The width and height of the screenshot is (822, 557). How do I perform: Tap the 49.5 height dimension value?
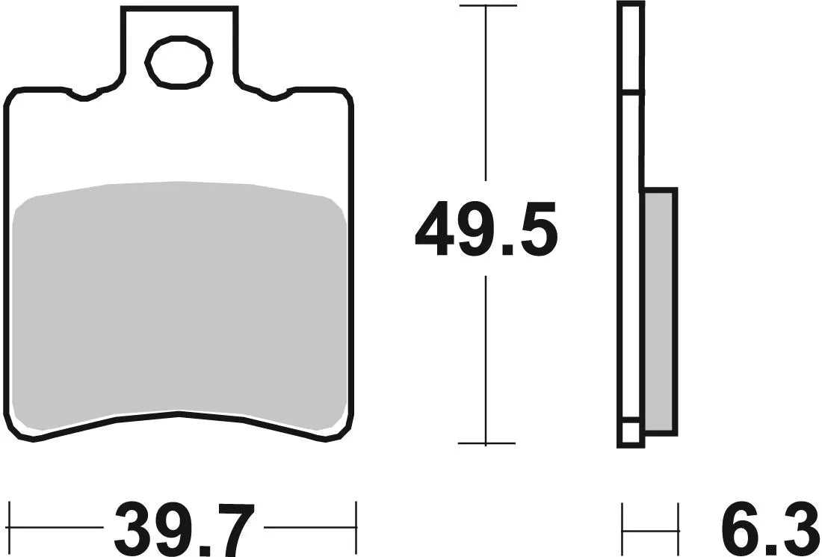click(486, 230)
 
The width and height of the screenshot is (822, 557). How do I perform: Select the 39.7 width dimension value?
click(185, 528)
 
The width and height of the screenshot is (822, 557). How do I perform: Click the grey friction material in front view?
click(179, 299)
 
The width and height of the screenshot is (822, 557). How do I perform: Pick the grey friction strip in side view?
click(659, 310)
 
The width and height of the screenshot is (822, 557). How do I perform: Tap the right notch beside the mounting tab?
click(274, 95)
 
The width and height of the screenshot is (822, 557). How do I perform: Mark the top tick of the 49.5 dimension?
click(486, 6)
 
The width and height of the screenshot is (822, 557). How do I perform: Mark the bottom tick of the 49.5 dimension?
click(486, 443)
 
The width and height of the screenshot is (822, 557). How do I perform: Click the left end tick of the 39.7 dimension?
click(10, 526)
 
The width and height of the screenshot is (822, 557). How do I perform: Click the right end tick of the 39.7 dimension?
click(356, 526)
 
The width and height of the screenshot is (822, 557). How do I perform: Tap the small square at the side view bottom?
click(630, 433)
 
